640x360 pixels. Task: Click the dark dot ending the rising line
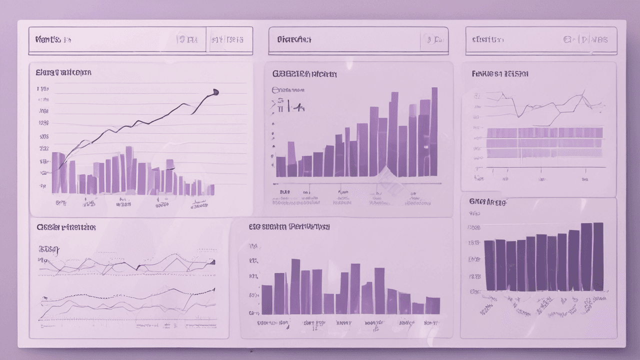tap(215, 91)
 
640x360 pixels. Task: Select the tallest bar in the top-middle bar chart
tap(434, 132)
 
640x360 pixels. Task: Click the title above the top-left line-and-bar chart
tap(63, 72)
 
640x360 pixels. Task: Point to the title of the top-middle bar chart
tap(304, 74)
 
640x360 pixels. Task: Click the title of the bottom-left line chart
tap(66, 227)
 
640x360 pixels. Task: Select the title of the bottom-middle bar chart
tap(289, 227)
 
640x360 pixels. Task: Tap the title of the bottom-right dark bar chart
tap(488, 202)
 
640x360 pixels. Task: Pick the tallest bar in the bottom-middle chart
tap(295, 286)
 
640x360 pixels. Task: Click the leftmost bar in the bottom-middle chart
tap(267, 299)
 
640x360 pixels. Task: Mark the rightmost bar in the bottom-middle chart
tap(432, 305)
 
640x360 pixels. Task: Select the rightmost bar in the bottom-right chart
tap(598, 256)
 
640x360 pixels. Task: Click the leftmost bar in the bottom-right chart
tap(489, 265)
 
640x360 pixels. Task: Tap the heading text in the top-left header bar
tap(53, 39)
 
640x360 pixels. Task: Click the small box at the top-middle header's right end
tap(433, 39)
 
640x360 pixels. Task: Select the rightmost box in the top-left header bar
tap(227, 39)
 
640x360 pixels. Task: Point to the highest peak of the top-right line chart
tap(582, 92)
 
